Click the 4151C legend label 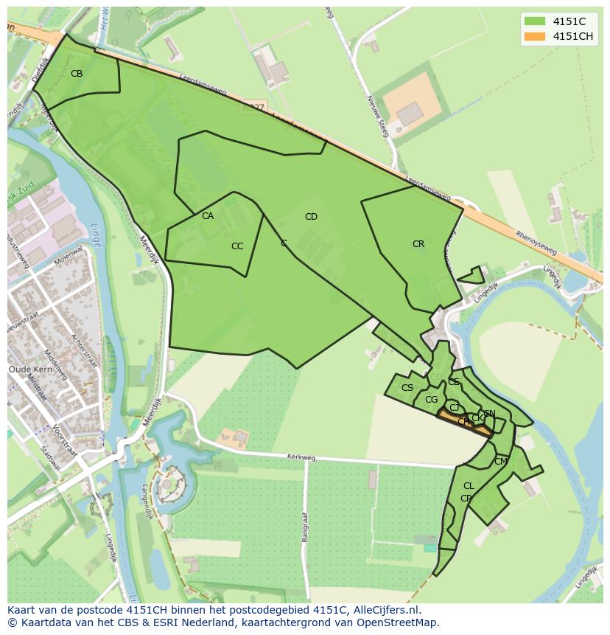(x=569, y=22)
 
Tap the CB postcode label (x=77, y=74)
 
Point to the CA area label (x=208, y=216)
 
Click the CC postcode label (x=237, y=246)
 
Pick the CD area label (x=311, y=217)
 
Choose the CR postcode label (x=418, y=244)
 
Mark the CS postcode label (x=407, y=388)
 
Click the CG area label (x=432, y=400)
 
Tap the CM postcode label (x=501, y=462)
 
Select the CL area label (x=469, y=486)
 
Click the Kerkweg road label (x=301, y=458)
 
